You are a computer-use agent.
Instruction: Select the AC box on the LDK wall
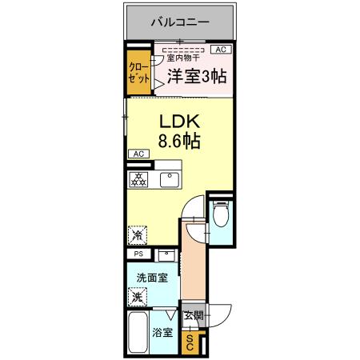(137, 154)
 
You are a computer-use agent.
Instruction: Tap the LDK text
(182, 123)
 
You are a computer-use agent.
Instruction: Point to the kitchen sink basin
(170, 179)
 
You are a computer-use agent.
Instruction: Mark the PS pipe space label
(138, 254)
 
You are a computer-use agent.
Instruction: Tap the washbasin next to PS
(166, 255)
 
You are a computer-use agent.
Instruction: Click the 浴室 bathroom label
(163, 333)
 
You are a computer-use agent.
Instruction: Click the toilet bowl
(220, 216)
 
